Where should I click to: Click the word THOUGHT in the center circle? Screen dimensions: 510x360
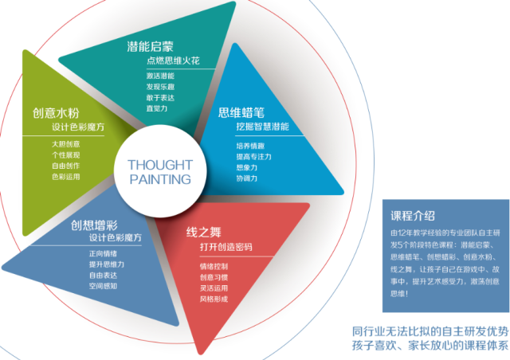159,165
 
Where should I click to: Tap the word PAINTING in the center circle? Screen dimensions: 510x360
159,179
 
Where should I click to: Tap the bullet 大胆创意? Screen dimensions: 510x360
65,143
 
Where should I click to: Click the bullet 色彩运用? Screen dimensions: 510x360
65,176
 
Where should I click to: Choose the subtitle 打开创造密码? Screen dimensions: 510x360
226,247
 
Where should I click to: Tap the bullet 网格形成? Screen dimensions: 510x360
214,299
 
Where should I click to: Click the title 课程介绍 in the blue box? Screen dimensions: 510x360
413,215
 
